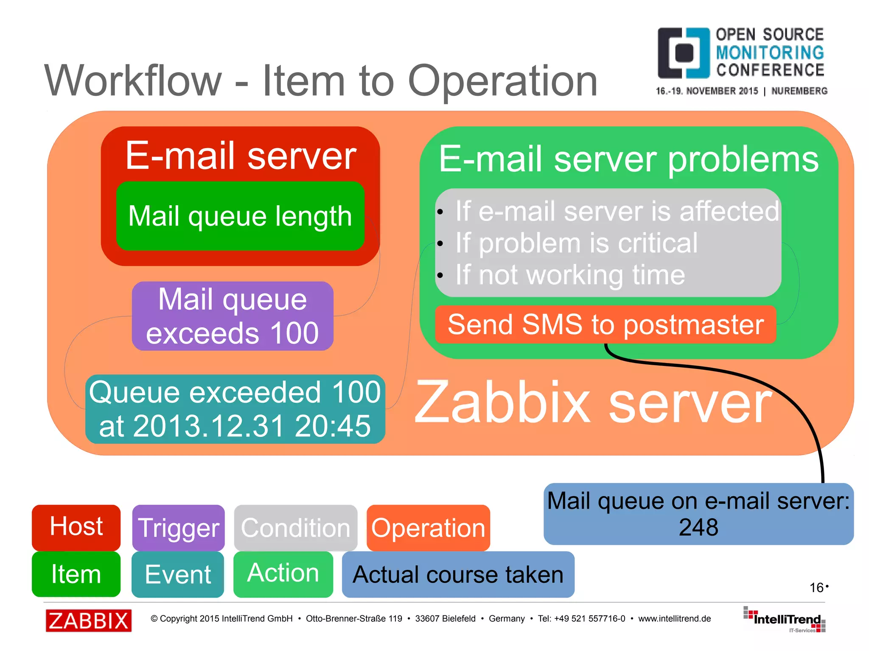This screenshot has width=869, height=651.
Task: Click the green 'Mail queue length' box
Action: [240, 216]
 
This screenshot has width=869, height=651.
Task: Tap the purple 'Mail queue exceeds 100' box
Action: [233, 316]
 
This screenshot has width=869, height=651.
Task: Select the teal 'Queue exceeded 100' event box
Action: [235, 409]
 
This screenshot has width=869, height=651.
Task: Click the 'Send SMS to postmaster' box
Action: [605, 324]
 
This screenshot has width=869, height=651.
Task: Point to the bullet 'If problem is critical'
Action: [576, 243]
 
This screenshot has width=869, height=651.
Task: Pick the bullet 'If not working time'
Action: [570, 275]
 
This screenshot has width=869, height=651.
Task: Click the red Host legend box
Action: [76, 527]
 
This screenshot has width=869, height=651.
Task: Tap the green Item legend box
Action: [76, 574]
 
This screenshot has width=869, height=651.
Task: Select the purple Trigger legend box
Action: [178, 528]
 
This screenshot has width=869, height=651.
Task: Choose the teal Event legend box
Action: [178, 574]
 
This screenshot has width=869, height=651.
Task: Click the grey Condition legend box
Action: [295, 528]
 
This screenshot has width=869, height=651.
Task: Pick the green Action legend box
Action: [283, 573]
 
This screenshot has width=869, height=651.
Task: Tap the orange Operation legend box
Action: [428, 528]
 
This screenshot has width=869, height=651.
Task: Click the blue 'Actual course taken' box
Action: [458, 575]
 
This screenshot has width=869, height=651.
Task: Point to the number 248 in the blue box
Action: [698, 528]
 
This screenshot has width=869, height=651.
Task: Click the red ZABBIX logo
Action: [89, 620]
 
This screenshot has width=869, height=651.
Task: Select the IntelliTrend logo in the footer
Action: [785, 620]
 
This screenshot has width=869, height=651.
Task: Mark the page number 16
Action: [816, 588]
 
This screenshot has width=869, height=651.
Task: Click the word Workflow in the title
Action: [133, 81]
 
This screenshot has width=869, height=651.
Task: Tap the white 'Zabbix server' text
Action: [592, 402]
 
